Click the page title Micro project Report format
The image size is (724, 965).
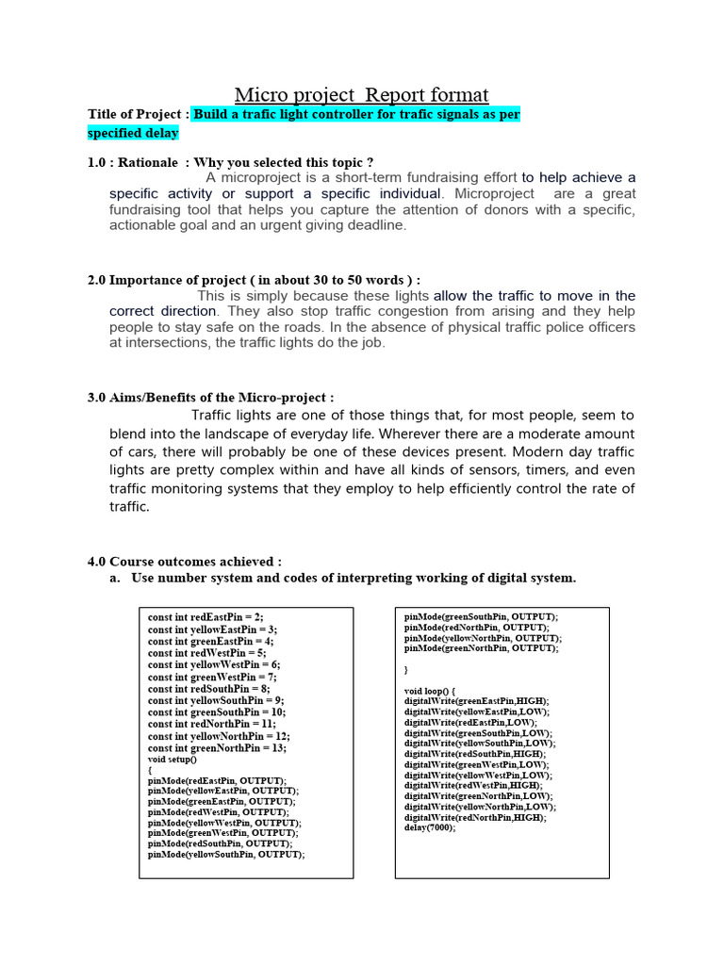click(361, 94)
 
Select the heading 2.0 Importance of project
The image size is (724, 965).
click(254, 280)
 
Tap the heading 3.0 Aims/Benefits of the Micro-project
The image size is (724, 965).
click(210, 398)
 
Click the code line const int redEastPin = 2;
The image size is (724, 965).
click(206, 617)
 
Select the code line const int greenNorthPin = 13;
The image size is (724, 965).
click(217, 747)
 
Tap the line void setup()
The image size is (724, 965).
click(173, 759)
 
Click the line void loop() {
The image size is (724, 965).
click(430, 691)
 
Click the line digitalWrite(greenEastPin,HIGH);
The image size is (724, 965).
click(476, 701)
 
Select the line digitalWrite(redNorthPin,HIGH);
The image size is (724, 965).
click(475, 818)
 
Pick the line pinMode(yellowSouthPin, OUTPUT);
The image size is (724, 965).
click(226, 855)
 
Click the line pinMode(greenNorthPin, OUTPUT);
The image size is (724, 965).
click(482, 648)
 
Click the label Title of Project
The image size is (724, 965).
click(138, 114)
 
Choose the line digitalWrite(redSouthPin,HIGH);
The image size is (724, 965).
click(475, 754)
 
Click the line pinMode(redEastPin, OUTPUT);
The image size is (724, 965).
click(216, 781)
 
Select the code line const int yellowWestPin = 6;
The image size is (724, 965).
click(213, 664)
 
